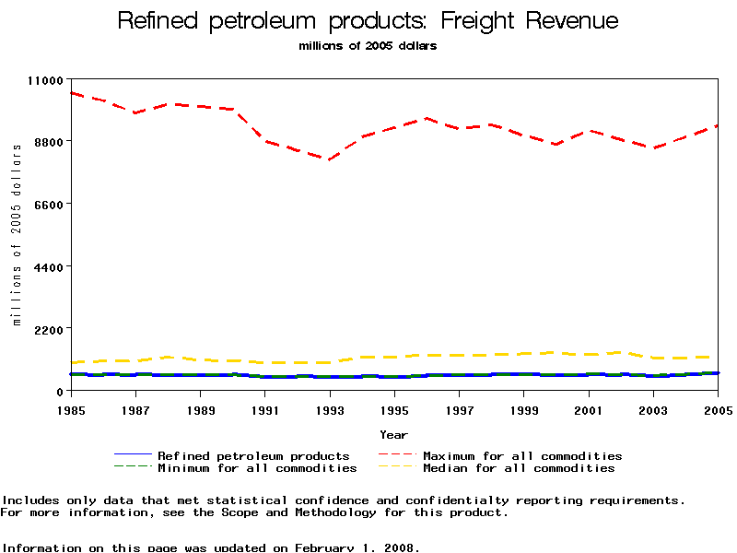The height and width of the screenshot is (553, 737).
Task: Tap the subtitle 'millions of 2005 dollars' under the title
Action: (x=368, y=45)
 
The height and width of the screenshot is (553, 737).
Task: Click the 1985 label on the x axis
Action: (x=71, y=408)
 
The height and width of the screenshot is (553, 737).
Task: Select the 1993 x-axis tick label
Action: (x=330, y=408)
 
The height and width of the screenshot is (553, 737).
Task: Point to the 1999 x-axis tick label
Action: (x=524, y=408)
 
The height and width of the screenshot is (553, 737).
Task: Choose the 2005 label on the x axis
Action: (x=718, y=408)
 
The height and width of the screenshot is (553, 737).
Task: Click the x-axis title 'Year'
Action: (x=393, y=434)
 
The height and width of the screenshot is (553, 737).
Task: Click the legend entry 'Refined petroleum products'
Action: (x=253, y=455)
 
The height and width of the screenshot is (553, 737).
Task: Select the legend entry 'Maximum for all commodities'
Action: (x=522, y=455)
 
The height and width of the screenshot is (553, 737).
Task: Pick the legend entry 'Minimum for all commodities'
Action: (x=257, y=468)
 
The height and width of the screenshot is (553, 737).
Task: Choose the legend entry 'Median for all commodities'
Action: (x=519, y=468)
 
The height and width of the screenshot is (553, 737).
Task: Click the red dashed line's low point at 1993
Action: (x=328, y=159)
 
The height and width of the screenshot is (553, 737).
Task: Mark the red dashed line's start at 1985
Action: (x=71, y=93)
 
